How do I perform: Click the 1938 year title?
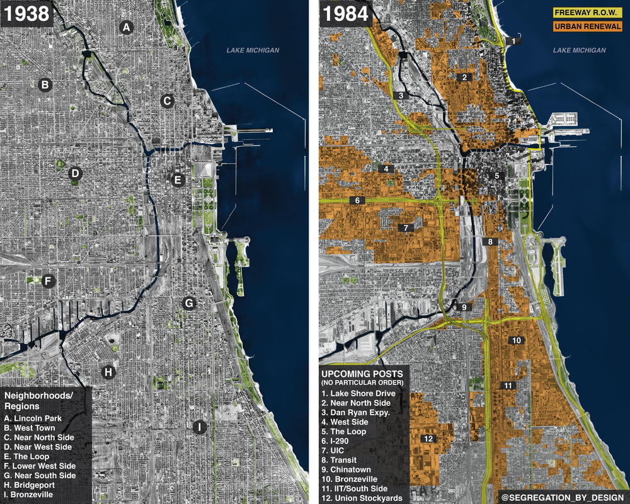(x=27, y=14)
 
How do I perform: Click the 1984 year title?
(x=346, y=14)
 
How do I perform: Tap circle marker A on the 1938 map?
(x=126, y=27)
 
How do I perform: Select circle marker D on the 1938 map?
(x=74, y=173)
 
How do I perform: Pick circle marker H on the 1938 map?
(x=108, y=372)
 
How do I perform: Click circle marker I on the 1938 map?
(x=199, y=427)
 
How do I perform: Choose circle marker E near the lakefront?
(x=178, y=181)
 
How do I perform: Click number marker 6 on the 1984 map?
(x=357, y=200)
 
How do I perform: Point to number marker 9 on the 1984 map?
(x=464, y=307)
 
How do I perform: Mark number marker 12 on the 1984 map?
(x=428, y=438)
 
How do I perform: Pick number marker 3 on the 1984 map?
(x=400, y=96)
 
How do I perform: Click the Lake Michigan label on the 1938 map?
(x=253, y=50)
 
